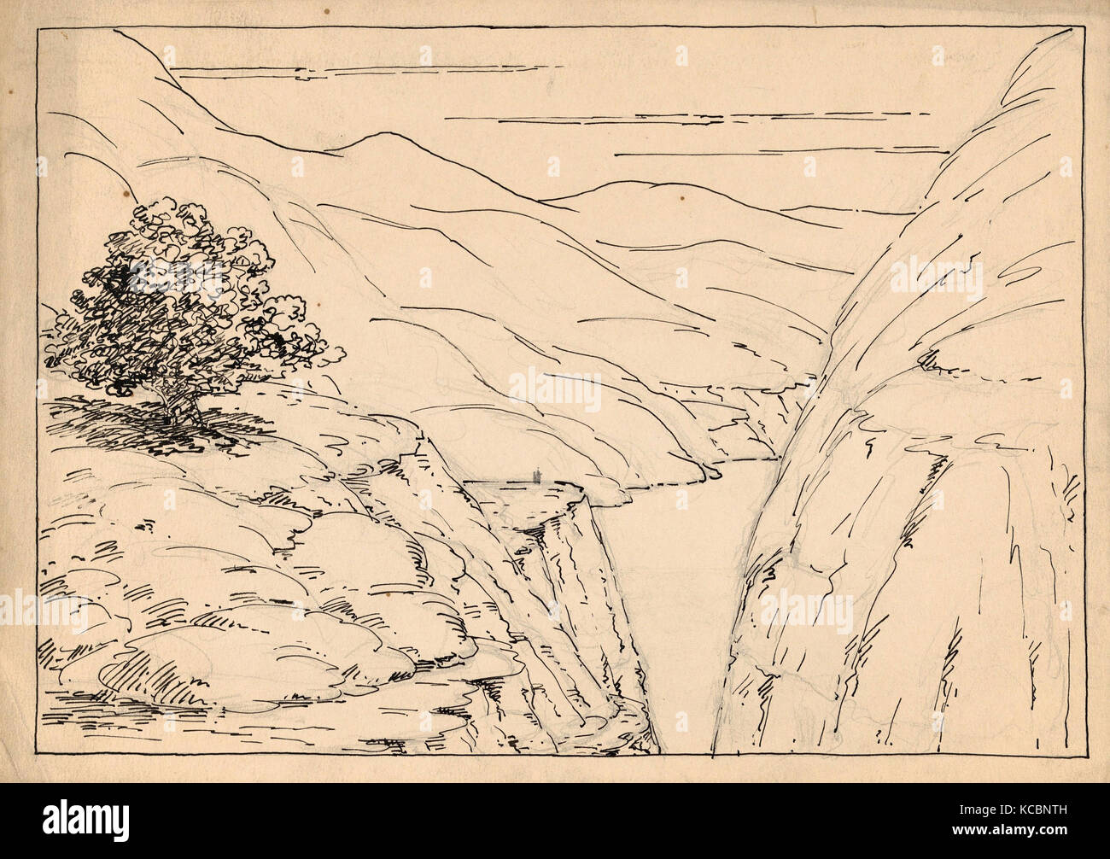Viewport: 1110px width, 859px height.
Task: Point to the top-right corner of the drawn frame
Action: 1089,28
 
